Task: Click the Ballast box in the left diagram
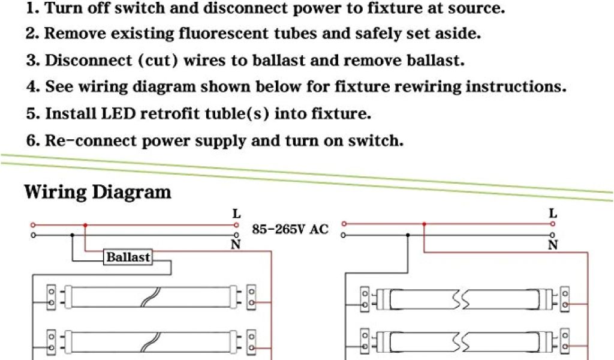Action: pos(128,257)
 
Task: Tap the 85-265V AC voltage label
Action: pos(291,229)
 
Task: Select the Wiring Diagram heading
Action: pos(97,192)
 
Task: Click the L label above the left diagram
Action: pos(236,214)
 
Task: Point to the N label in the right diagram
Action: pos(552,245)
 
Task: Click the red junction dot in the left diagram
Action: pos(85,226)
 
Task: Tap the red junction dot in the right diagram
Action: pos(424,224)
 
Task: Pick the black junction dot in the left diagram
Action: pos(72,235)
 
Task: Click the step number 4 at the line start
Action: pos(32,87)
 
